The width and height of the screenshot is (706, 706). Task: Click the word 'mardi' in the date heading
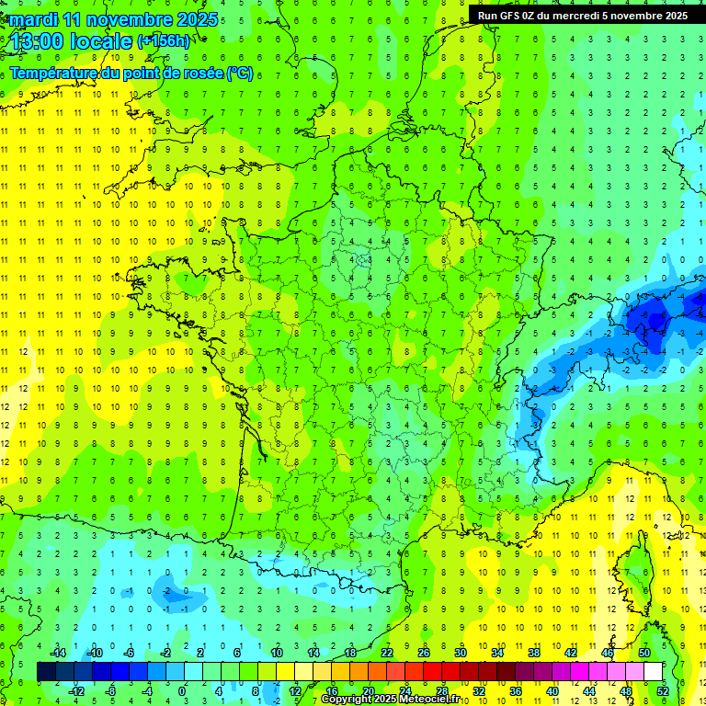pyautogui.click(x=33, y=19)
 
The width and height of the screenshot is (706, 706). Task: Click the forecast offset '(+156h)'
pyautogui.click(x=164, y=41)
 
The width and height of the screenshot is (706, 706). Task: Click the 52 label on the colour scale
pyautogui.click(x=663, y=691)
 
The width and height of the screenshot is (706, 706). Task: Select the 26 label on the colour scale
pyautogui.click(x=424, y=653)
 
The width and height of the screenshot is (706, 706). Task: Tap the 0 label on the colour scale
pyautogui.click(x=182, y=691)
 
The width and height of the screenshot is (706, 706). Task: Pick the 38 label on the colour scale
pyautogui.click(x=534, y=653)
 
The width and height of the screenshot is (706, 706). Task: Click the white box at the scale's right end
pyautogui.click(x=653, y=672)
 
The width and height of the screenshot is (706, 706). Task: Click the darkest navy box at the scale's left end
pyautogui.click(x=47, y=672)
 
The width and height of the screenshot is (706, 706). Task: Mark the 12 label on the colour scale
pyautogui.click(x=294, y=691)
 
